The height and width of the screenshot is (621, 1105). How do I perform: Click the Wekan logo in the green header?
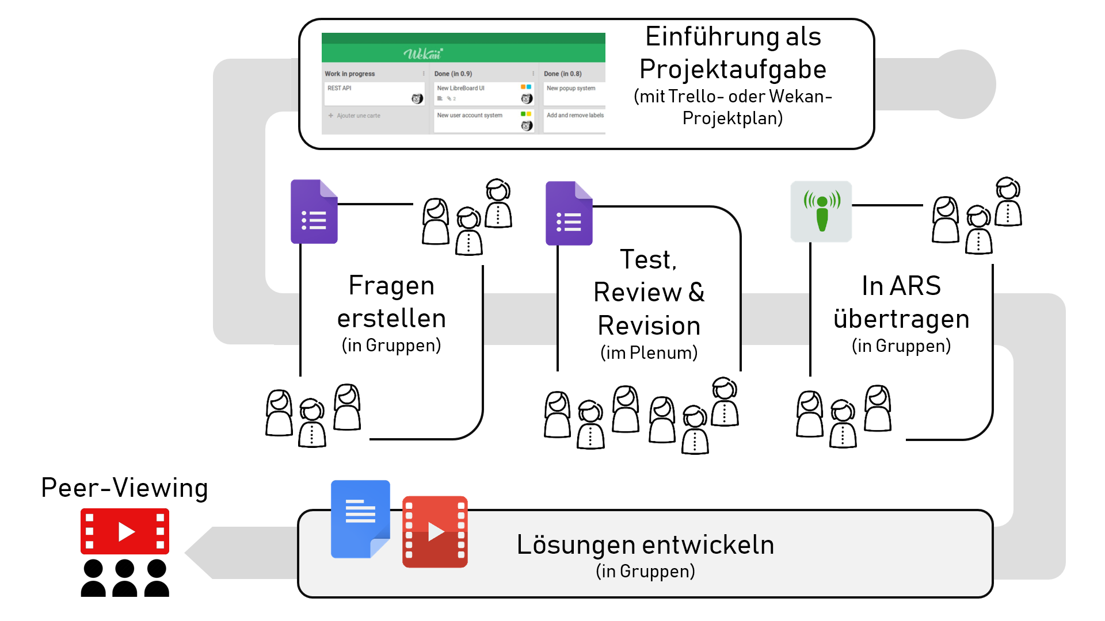pyautogui.click(x=423, y=54)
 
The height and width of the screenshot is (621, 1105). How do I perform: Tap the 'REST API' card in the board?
pyautogui.click(x=374, y=94)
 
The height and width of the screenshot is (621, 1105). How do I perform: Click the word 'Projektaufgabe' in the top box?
pyautogui.click(x=733, y=70)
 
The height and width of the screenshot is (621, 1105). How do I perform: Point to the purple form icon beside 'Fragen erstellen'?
pyautogui.click(x=314, y=212)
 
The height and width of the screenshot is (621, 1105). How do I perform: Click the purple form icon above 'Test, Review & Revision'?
pyautogui.click(x=569, y=213)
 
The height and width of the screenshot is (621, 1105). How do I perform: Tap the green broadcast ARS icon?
pyautogui.click(x=821, y=211)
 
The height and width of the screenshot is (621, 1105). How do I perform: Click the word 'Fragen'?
pyautogui.click(x=391, y=286)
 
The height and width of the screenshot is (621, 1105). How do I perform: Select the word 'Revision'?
pyautogui.click(x=649, y=326)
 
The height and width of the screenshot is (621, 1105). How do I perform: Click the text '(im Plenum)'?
pyautogui.click(x=649, y=352)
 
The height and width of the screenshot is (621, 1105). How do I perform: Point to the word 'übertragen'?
pyautogui.click(x=901, y=319)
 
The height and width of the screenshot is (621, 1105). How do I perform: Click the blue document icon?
pyautogui.click(x=360, y=519)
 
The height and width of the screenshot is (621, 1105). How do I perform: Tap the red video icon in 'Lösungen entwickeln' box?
pyautogui.click(x=435, y=532)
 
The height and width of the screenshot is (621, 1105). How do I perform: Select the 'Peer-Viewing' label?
pyautogui.click(x=124, y=488)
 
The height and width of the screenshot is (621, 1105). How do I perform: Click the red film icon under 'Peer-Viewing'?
pyautogui.click(x=125, y=531)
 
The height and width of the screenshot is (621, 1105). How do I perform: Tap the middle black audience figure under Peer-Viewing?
pyautogui.click(x=125, y=578)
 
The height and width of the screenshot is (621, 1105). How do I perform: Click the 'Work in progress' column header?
pyautogui.click(x=350, y=74)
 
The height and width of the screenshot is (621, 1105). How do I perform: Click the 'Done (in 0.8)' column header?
pyautogui.click(x=563, y=74)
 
